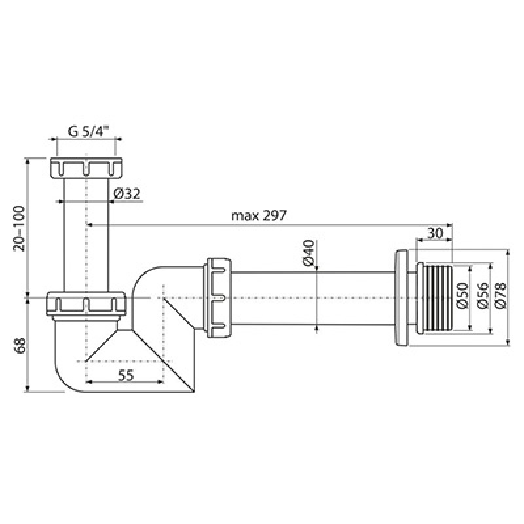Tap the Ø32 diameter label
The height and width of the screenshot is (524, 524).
point(127,193)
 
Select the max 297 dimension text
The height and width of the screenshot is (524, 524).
point(259,215)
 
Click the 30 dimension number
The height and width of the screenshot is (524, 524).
point(435,233)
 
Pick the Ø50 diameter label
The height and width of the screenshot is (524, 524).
point(462,296)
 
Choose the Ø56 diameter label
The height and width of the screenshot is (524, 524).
point(483,296)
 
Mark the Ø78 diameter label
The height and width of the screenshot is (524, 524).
point(500,296)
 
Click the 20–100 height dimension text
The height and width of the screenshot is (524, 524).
point(20,228)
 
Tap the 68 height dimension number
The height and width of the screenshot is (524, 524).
point(20,346)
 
